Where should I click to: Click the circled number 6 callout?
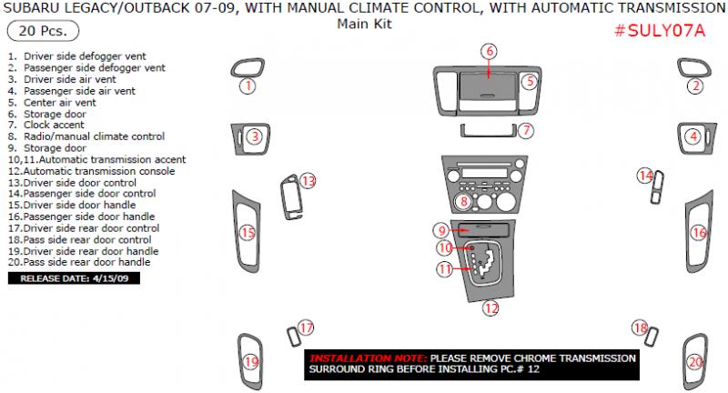click(x=490, y=51)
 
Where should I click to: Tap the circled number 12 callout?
click(x=490, y=307)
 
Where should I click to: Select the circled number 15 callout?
click(x=247, y=234)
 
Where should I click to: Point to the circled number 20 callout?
click(x=695, y=363)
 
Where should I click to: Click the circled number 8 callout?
click(x=463, y=201)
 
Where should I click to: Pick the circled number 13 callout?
click(x=308, y=181)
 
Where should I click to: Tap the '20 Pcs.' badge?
click(x=31, y=33)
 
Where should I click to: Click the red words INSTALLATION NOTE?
click(x=368, y=358)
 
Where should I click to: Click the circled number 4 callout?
click(x=693, y=136)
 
